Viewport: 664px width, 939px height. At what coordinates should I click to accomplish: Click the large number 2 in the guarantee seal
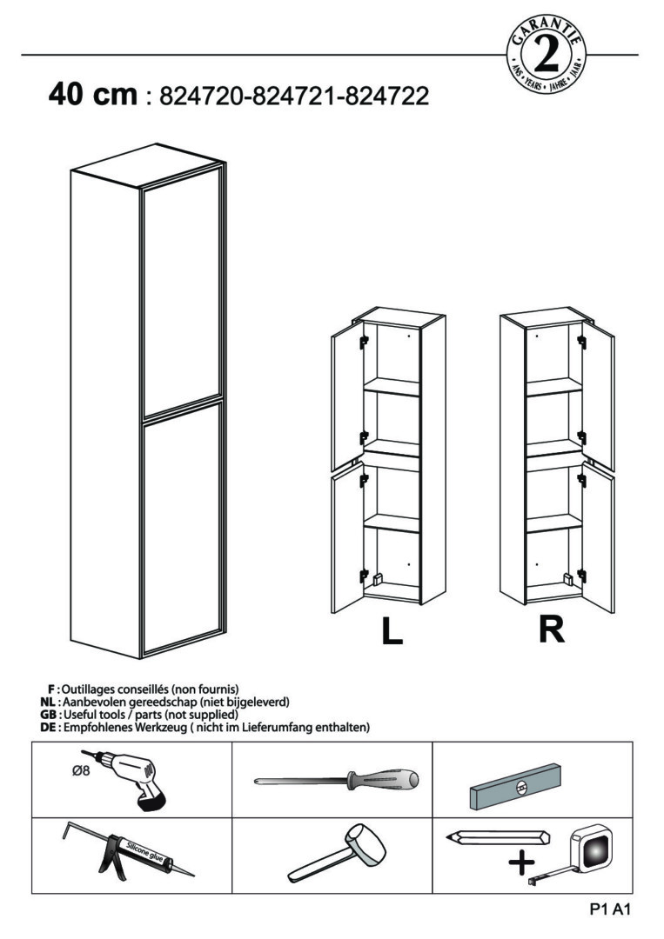547,57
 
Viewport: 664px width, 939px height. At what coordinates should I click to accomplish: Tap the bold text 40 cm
93,94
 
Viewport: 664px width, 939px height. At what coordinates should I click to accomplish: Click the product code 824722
386,96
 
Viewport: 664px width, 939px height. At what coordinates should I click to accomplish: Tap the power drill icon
139,779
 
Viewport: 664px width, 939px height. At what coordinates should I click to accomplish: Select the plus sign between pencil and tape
521,862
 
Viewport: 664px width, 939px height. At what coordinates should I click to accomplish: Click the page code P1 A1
608,910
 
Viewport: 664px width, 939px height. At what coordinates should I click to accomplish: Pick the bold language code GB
48,714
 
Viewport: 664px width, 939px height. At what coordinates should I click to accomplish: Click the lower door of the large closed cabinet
180,530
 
